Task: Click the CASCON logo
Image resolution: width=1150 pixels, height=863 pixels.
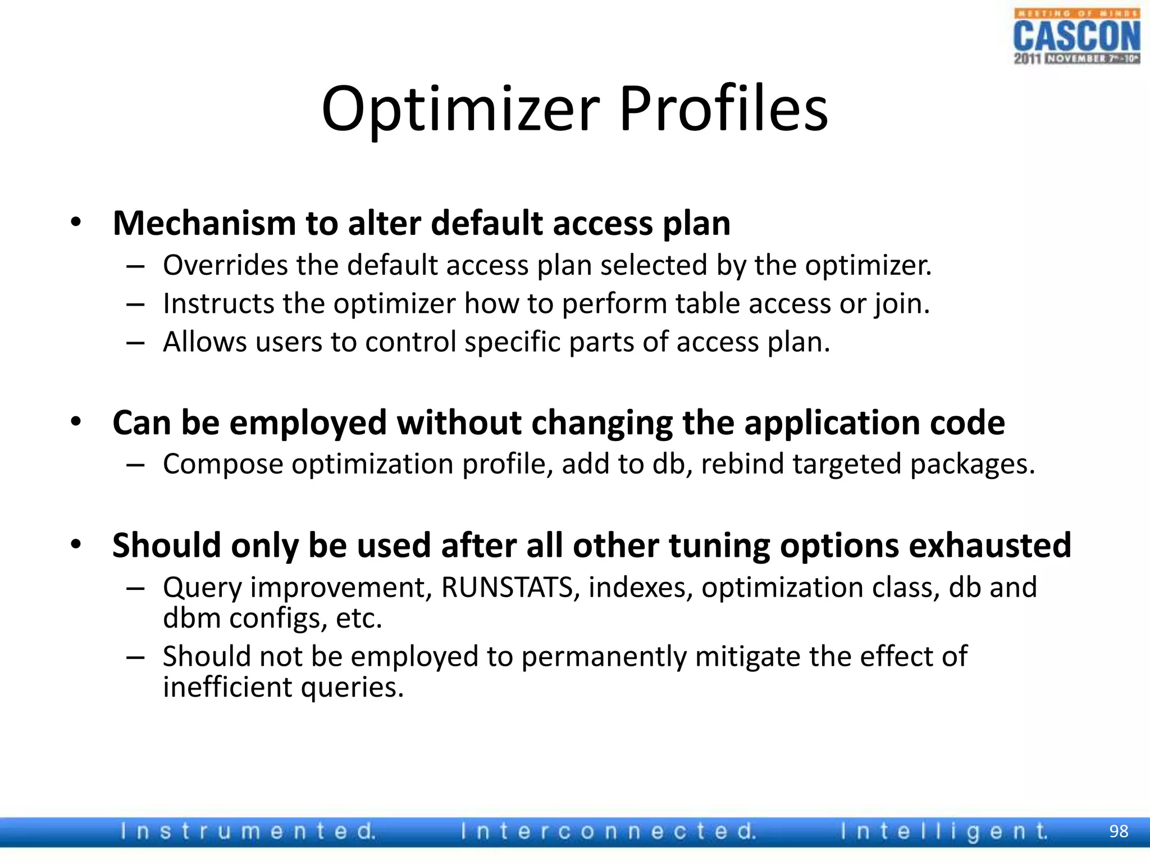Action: pyautogui.click(x=1076, y=37)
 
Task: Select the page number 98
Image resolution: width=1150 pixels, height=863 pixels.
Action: pyautogui.click(x=1119, y=831)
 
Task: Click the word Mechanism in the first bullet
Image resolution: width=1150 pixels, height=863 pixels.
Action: pyautogui.click(x=204, y=223)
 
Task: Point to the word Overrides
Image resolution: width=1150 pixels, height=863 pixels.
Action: pyautogui.click(x=225, y=265)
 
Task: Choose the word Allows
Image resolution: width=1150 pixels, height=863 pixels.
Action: pyautogui.click(x=205, y=342)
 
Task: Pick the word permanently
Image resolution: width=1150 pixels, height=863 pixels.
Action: pyautogui.click(x=604, y=657)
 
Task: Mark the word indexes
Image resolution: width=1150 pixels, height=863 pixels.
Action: pyautogui.click(x=640, y=588)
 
